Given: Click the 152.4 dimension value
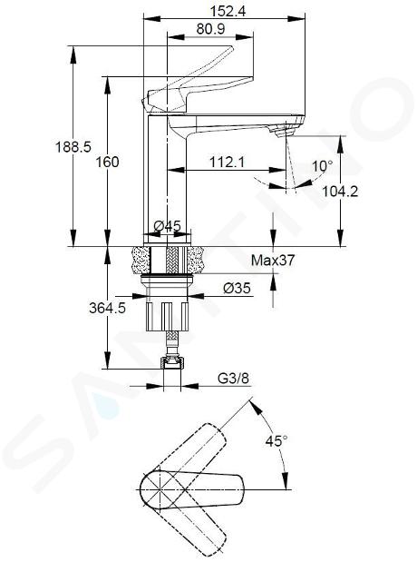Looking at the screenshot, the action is click(x=228, y=11).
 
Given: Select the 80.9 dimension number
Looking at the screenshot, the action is click(x=211, y=29).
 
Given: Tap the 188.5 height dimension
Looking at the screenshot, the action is click(x=73, y=147).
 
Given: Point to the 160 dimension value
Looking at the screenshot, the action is click(x=108, y=162).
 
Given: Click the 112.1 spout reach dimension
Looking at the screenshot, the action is click(x=227, y=162).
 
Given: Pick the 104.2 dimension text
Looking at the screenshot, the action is click(x=340, y=191).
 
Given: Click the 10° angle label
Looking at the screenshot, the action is click(x=323, y=166).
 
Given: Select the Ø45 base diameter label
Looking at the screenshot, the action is click(x=167, y=226).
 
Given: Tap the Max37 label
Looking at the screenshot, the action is click(x=273, y=260).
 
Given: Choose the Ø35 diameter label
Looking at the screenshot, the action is click(x=238, y=288).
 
